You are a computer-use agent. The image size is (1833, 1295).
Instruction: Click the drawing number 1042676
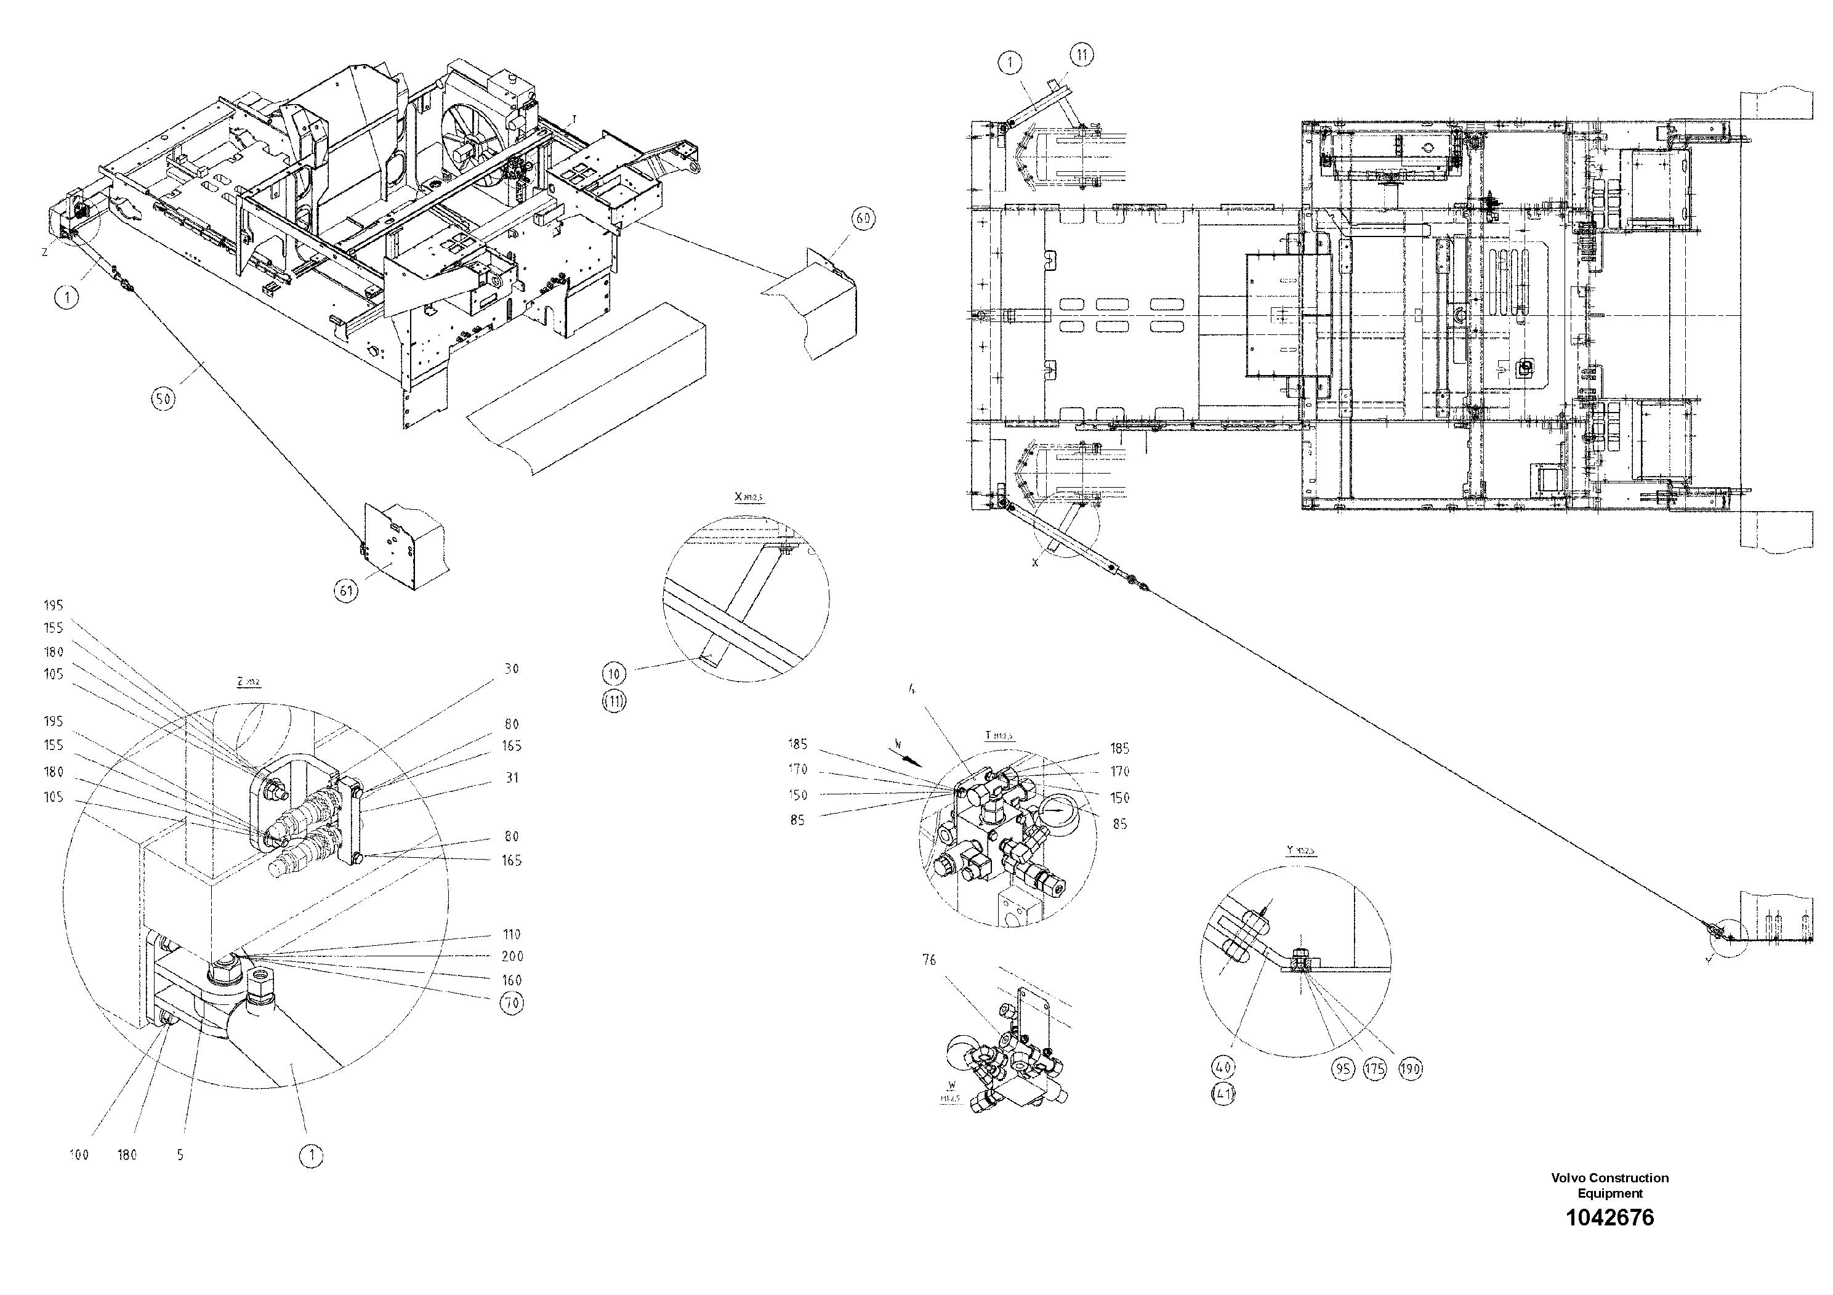[x=1609, y=1217]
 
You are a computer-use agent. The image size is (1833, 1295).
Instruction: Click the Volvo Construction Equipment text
[x=1609, y=1185]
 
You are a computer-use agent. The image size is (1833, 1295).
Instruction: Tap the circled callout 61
[x=345, y=591]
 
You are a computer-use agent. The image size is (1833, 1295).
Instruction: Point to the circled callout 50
[x=163, y=398]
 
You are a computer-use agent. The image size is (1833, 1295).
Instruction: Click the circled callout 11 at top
[x=1081, y=55]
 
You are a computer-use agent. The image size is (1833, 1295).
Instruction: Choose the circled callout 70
[x=511, y=1002]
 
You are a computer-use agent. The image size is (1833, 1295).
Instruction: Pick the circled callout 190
[x=1411, y=1069]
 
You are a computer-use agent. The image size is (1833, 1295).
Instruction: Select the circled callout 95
[x=1344, y=1069]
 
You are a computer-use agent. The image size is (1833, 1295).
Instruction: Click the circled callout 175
[x=1376, y=1069]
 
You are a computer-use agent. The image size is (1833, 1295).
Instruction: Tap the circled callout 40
[x=1223, y=1066]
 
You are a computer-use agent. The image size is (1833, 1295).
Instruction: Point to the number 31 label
[x=512, y=778]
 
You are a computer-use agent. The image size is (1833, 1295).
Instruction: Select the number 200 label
[x=512, y=956]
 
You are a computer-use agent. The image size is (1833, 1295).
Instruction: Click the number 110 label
[x=512, y=934]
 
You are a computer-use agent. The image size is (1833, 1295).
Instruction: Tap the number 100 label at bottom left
[x=79, y=1155]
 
